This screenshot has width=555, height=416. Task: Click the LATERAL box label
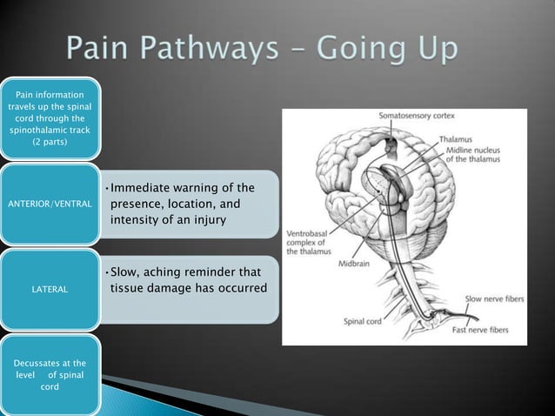[x=50, y=288]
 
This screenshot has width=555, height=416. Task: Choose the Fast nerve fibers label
[x=484, y=331]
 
